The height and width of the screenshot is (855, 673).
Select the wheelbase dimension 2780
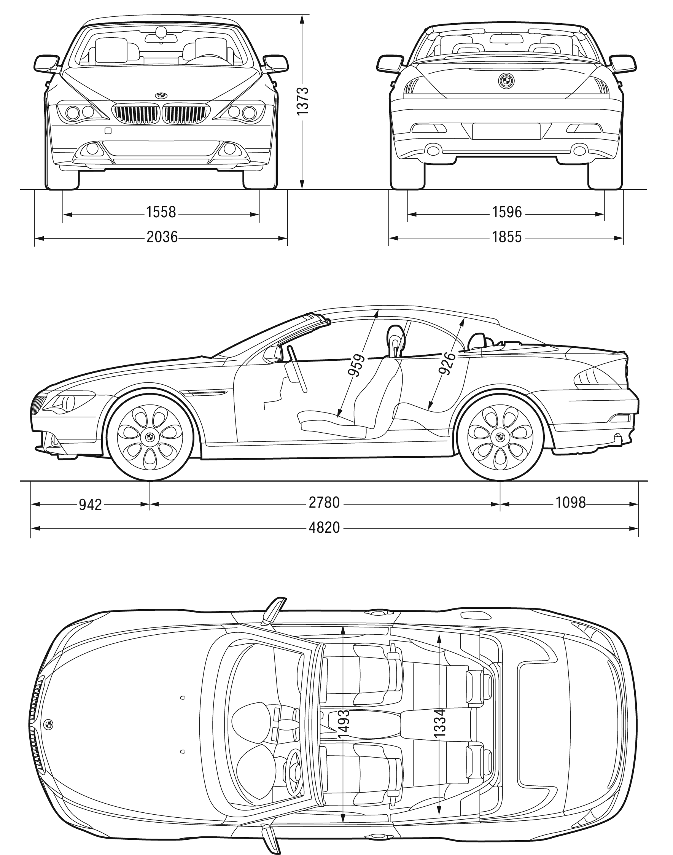tap(324, 503)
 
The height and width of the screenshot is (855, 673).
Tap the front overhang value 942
tap(90, 504)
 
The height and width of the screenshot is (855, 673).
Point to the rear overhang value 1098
tap(571, 503)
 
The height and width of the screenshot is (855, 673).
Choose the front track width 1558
tap(161, 212)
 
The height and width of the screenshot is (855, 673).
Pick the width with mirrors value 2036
tap(162, 237)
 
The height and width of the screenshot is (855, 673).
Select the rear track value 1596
tap(507, 212)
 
